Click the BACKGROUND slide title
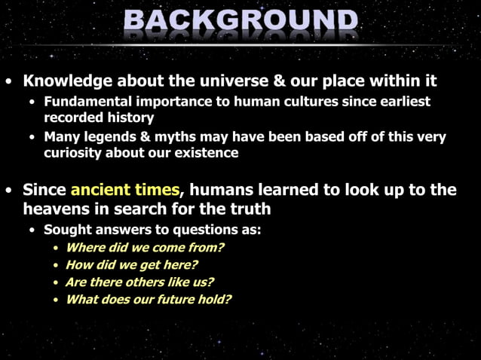[x=240, y=22]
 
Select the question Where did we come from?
[x=145, y=247]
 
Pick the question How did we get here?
[x=132, y=264]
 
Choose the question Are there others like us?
[x=139, y=282]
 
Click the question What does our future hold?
[x=148, y=299]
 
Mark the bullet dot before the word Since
[x=8, y=191]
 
